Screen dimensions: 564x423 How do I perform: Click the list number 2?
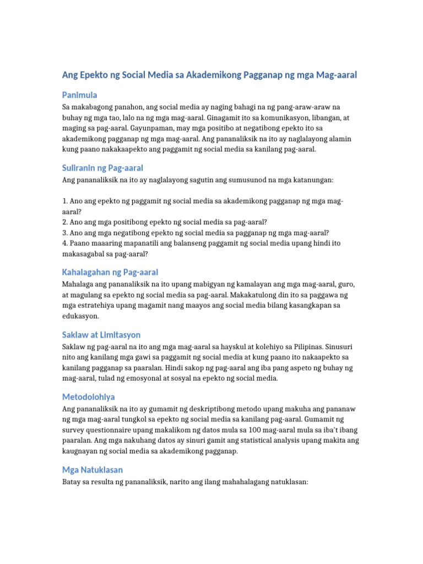64,222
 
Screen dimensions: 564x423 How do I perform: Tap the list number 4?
64,243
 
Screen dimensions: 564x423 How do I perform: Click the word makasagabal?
85,254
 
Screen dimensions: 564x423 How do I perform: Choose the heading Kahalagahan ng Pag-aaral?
110,272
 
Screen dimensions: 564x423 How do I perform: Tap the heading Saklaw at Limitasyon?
101,334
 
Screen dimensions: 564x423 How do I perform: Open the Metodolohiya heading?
88,397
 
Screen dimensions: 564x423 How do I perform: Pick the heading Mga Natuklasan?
93,470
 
